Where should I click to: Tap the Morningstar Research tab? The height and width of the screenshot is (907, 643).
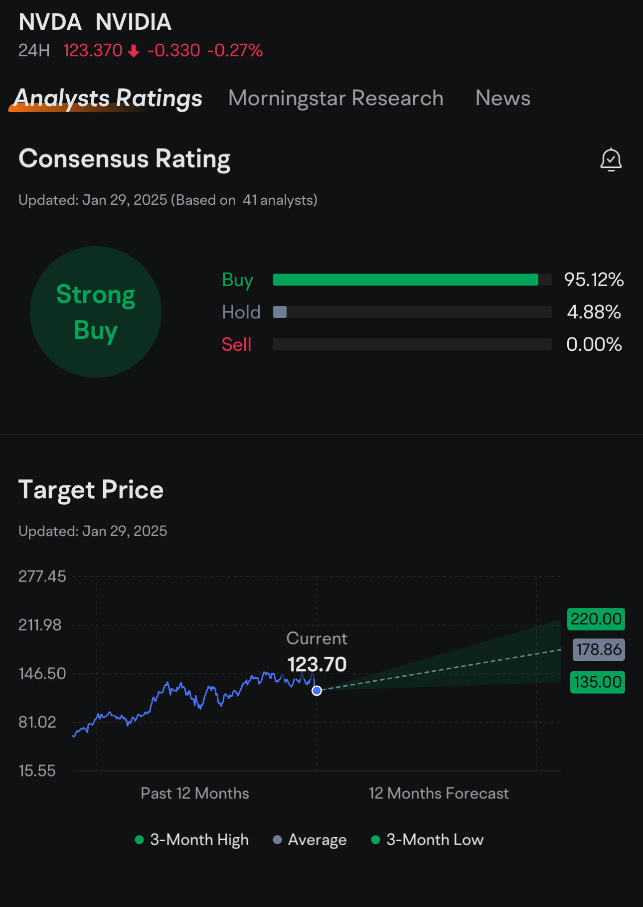(x=335, y=98)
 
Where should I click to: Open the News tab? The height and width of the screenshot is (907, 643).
(x=502, y=98)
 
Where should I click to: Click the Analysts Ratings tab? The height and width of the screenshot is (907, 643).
(x=108, y=98)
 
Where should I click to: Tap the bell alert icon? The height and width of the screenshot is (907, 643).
(x=611, y=160)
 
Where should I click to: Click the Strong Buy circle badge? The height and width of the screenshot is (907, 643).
(x=96, y=312)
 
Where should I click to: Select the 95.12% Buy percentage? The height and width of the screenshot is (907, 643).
(x=594, y=280)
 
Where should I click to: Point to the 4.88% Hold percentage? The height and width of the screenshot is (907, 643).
(x=594, y=312)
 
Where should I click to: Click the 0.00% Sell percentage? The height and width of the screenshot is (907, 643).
(x=594, y=344)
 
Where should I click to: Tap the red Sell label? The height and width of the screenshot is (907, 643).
(x=236, y=344)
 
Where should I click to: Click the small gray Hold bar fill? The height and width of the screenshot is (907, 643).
(x=280, y=312)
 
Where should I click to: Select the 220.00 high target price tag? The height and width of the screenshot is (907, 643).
(x=596, y=619)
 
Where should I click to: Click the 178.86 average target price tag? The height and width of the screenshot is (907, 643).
(x=599, y=649)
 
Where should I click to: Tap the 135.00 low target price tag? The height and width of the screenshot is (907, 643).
(x=598, y=682)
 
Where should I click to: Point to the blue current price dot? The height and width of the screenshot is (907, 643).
(x=317, y=691)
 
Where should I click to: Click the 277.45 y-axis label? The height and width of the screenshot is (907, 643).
(x=42, y=577)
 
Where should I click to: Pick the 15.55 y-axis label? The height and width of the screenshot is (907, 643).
(x=37, y=771)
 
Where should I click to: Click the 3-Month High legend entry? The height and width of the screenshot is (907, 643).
(x=192, y=840)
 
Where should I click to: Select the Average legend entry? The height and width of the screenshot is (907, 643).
(x=310, y=840)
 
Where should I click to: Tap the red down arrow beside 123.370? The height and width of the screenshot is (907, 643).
(x=134, y=51)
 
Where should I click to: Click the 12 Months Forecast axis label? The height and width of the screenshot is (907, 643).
(x=439, y=793)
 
